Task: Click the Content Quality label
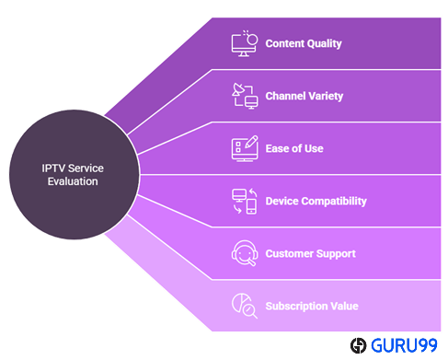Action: (x=304, y=43)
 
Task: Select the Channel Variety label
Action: (x=305, y=96)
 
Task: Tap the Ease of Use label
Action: (x=293, y=148)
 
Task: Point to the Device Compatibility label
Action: (x=316, y=201)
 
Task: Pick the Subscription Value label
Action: (x=311, y=306)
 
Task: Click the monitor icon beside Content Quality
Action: (x=244, y=43)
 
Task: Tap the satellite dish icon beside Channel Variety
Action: (x=244, y=96)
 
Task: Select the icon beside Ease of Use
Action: (x=244, y=148)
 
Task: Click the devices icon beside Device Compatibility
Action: (x=244, y=201)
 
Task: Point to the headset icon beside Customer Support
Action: (x=244, y=253)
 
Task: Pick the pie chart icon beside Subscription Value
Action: (x=244, y=306)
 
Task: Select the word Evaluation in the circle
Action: (x=73, y=181)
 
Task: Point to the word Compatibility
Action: (x=335, y=201)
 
